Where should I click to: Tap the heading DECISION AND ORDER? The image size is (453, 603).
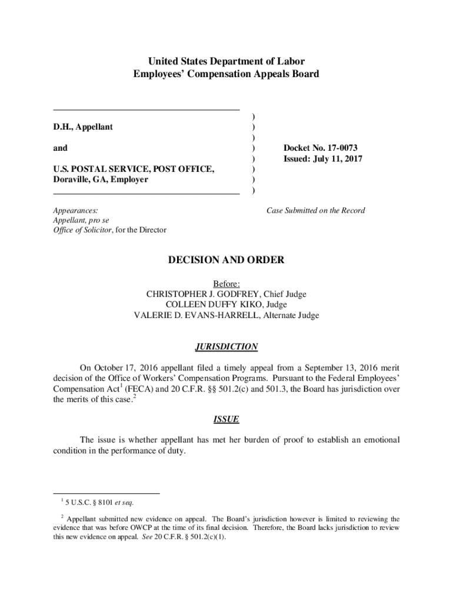[226, 260]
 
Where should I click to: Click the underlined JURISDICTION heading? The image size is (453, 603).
[226, 347]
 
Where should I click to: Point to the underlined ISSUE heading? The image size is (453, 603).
[226, 420]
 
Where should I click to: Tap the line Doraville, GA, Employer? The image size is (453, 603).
[101, 180]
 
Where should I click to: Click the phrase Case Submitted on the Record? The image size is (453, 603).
[315, 210]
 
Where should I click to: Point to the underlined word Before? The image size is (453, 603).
[226, 284]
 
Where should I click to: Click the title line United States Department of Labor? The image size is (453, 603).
[226, 61]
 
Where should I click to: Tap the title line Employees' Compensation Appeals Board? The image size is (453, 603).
[226, 74]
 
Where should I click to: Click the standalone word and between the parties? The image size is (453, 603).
[60, 148]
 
